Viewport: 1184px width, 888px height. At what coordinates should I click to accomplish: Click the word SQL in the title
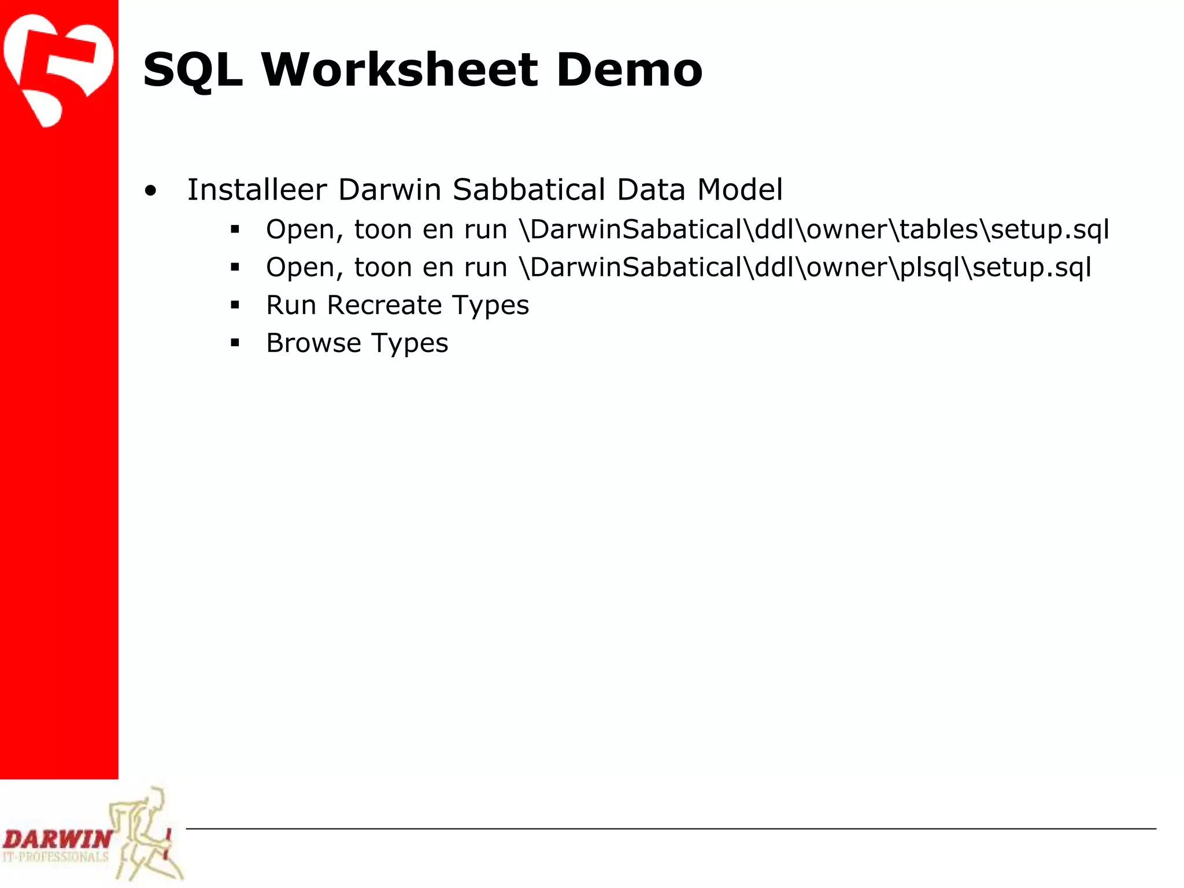point(193,71)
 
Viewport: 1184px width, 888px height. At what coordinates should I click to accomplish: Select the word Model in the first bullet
point(740,190)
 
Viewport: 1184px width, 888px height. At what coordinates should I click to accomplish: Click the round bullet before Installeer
point(151,191)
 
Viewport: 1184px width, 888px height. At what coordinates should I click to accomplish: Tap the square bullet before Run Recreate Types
point(235,305)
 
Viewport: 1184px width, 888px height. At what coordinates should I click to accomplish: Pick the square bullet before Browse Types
point(235,343)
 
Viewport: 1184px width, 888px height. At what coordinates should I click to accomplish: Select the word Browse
point(313,343)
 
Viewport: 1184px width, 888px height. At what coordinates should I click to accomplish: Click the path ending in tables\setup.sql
point(814,230)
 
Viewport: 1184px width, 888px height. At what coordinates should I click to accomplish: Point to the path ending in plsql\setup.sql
point(805,268)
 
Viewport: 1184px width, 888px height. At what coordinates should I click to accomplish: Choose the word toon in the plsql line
point(382,268)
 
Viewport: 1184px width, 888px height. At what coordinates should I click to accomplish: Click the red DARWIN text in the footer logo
point(57,839)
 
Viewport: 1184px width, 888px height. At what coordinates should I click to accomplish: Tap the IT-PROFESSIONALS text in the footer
point(55,857)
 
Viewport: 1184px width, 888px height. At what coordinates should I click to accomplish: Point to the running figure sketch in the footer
point(145,832)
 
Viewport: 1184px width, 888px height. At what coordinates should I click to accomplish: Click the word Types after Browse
point(409,343)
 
